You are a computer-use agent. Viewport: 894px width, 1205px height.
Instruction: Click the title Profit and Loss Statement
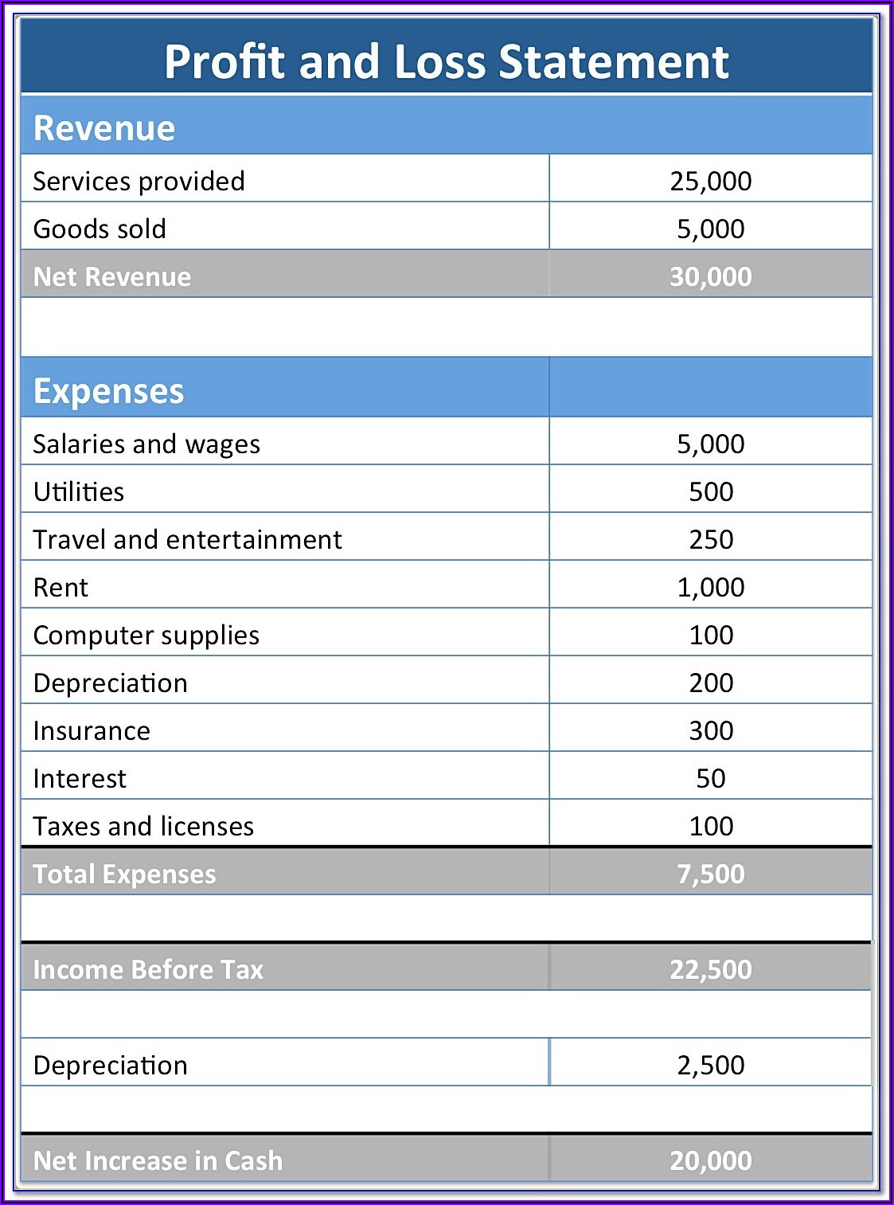coord(446,61)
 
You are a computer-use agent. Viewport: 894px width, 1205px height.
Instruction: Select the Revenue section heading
coord(104,128)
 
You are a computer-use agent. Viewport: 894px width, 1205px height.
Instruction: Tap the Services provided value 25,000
coord(710,181)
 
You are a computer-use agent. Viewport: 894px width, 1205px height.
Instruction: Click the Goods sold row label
coord(100,229)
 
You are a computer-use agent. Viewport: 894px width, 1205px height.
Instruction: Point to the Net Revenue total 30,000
coord(710,276)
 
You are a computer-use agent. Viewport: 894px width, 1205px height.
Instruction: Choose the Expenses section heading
coord(108,391)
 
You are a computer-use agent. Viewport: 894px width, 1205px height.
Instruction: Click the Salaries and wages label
coord(146,444)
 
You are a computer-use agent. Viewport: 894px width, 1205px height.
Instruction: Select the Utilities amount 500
coord(710,491)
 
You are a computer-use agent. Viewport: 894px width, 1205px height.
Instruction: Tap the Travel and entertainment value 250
coord(710,539)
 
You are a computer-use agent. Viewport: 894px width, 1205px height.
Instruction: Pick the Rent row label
coord(61,587)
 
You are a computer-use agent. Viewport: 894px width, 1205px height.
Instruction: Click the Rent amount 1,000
coord(710,587)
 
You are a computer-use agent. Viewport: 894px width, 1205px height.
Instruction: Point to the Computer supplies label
coord(146,635)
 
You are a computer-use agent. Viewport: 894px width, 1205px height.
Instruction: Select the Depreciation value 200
coord(710,683)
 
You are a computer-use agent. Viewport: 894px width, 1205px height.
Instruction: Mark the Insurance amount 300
coord(710,730)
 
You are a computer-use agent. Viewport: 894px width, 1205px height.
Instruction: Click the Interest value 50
coord(710,778)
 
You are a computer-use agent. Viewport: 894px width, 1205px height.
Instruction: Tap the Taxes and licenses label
coord(143,826)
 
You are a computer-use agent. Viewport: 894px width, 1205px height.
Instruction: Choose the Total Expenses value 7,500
coord(710,874)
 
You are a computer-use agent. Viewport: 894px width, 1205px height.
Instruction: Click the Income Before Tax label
coord(148,969)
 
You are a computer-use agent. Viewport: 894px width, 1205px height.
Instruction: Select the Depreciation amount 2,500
coord(710,1065)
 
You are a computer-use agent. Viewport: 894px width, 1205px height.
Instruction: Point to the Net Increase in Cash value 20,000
coord(710,1160)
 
